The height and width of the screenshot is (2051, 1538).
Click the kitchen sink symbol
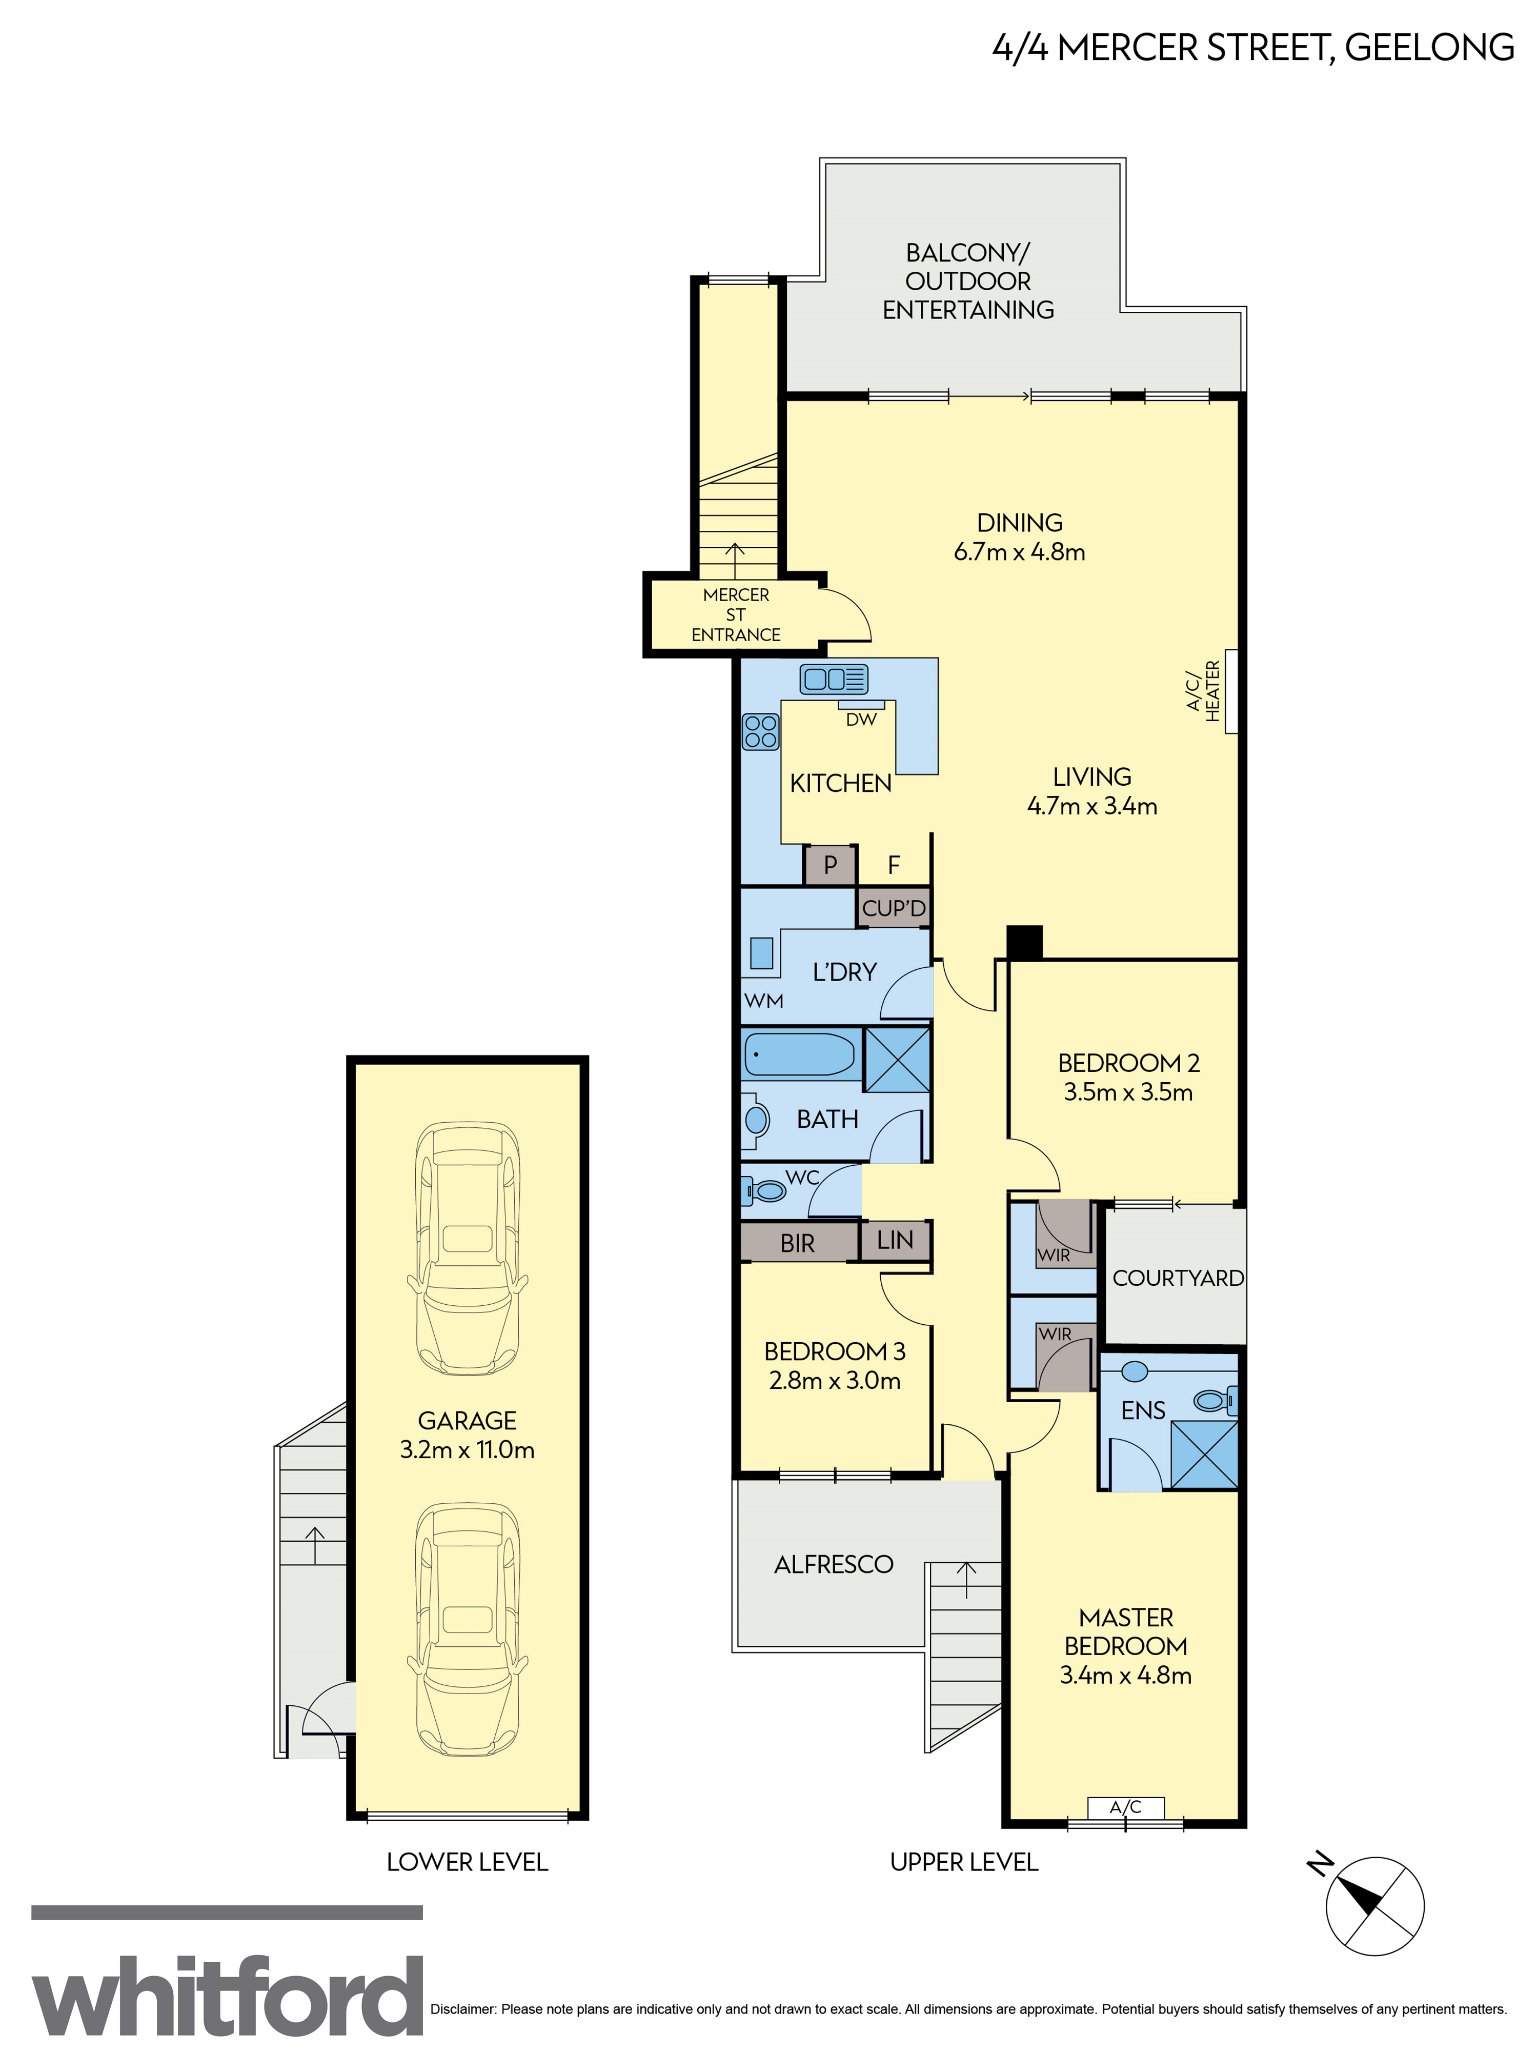click(x=834, y=679)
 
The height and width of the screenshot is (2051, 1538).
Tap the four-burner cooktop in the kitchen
click(x=761, y=731)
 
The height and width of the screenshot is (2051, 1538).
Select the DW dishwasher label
click(x=861, y=720)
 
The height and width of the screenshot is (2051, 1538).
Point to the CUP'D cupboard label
click(x=894, y=909)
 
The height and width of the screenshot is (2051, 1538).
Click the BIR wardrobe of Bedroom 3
click(x=798, y=1243)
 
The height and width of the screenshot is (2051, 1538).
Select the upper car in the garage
click(x=467, y=1249)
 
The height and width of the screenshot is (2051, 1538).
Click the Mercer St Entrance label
click(x=736, y=615)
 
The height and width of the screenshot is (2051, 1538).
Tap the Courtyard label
click(x=1178, y=1278)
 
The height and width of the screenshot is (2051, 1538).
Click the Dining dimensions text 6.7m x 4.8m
click(x=1020, y=552)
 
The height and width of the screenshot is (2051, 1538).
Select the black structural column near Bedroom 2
click(x=1024, y=942)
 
